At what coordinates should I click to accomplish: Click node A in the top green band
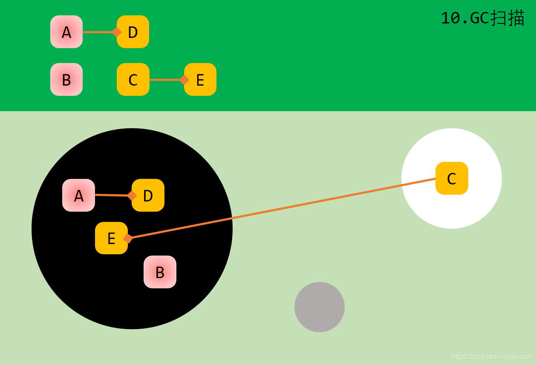coord(66,32)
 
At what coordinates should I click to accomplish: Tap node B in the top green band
coord(66,80)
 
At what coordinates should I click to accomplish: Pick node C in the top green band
coord(133,80)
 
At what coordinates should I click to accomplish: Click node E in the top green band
coord(201,80)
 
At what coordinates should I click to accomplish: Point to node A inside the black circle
coord(78,195)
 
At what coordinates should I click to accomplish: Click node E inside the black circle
coord(111,238)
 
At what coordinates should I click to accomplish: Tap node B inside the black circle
coord(160,272)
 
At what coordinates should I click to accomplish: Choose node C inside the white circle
coord(452,178)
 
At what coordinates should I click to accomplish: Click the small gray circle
coord(320,307)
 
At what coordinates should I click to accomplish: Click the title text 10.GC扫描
coord(482,18)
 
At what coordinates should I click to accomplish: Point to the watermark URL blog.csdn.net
coord(491,357)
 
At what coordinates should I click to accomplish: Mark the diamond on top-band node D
coord(116,32)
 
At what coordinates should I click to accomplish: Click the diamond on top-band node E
coord(184,80)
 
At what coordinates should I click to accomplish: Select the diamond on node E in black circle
coord(128,239)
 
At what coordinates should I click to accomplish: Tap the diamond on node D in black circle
coord(132,195)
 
